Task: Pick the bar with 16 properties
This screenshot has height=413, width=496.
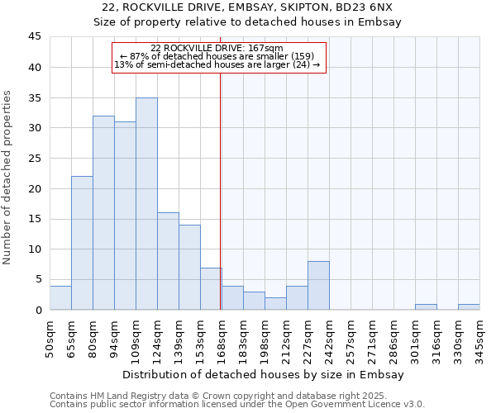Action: point(168,261)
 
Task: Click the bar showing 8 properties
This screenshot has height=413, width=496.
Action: point(318,286)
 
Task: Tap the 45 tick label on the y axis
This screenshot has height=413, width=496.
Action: point(34,37)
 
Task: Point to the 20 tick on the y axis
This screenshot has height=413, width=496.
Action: point(34,188)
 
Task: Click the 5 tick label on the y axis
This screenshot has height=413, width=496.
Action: point(37,279)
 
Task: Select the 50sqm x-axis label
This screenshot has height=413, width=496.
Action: point(50,338)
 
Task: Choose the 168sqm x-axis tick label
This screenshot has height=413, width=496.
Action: point(222,338)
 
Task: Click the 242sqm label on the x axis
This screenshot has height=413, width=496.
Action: point(329,338)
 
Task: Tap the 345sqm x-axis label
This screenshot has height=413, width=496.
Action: point(479,338)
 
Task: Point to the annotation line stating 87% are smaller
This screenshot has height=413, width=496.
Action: point(218,56)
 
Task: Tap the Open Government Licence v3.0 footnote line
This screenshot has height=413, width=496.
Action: point(237,405)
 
